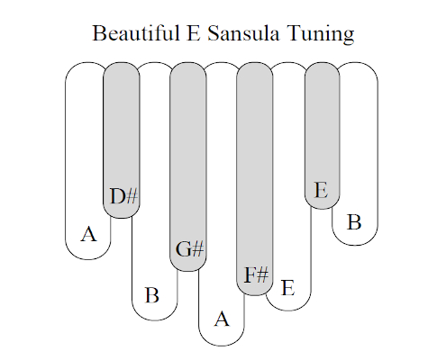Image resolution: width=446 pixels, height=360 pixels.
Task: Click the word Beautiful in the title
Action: coord(135,32)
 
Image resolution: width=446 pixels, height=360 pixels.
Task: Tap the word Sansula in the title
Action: coord(243,32)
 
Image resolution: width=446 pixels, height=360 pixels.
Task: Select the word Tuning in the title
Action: coord(321,34)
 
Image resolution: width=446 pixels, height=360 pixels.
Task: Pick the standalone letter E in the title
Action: coord(194,32)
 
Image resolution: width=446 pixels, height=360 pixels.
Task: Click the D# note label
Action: coord(123,196)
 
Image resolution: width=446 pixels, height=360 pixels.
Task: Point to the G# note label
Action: coord(190,248)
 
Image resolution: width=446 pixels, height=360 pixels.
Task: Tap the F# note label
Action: coord(256,274)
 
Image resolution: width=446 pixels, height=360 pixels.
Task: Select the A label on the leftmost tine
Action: coord(89,234)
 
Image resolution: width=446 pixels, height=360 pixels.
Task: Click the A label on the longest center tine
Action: coord(222,319)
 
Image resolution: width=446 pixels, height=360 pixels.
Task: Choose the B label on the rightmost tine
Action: coord(354,222)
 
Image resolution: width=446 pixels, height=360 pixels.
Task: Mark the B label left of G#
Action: coord(152,295)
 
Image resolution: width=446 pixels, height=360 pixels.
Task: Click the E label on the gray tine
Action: coord(321,190)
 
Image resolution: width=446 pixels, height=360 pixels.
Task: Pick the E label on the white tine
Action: coord(287,288)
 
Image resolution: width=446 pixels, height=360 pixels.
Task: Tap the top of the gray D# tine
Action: coord(122,63)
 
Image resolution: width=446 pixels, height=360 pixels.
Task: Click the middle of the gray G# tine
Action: coord(188,166)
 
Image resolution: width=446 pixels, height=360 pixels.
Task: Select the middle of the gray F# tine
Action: coord(255,179)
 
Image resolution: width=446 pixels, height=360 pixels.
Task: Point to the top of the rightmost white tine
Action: coord(355,63)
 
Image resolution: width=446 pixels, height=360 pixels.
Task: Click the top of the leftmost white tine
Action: coord(88,63)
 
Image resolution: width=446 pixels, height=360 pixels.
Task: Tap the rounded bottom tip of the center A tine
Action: coord(222,346)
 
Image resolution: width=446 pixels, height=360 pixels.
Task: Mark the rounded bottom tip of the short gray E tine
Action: coord(323,209)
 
